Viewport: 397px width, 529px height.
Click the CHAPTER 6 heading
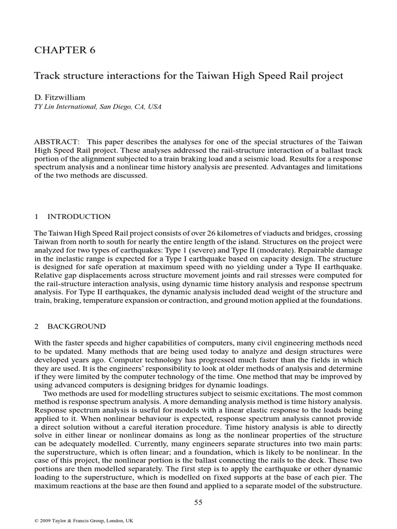65,50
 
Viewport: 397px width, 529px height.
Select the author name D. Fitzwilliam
60,97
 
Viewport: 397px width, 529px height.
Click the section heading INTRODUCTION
79,216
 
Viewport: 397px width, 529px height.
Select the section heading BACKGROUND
77,326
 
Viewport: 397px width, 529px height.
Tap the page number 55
198,502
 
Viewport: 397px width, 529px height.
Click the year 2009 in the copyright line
47,521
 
